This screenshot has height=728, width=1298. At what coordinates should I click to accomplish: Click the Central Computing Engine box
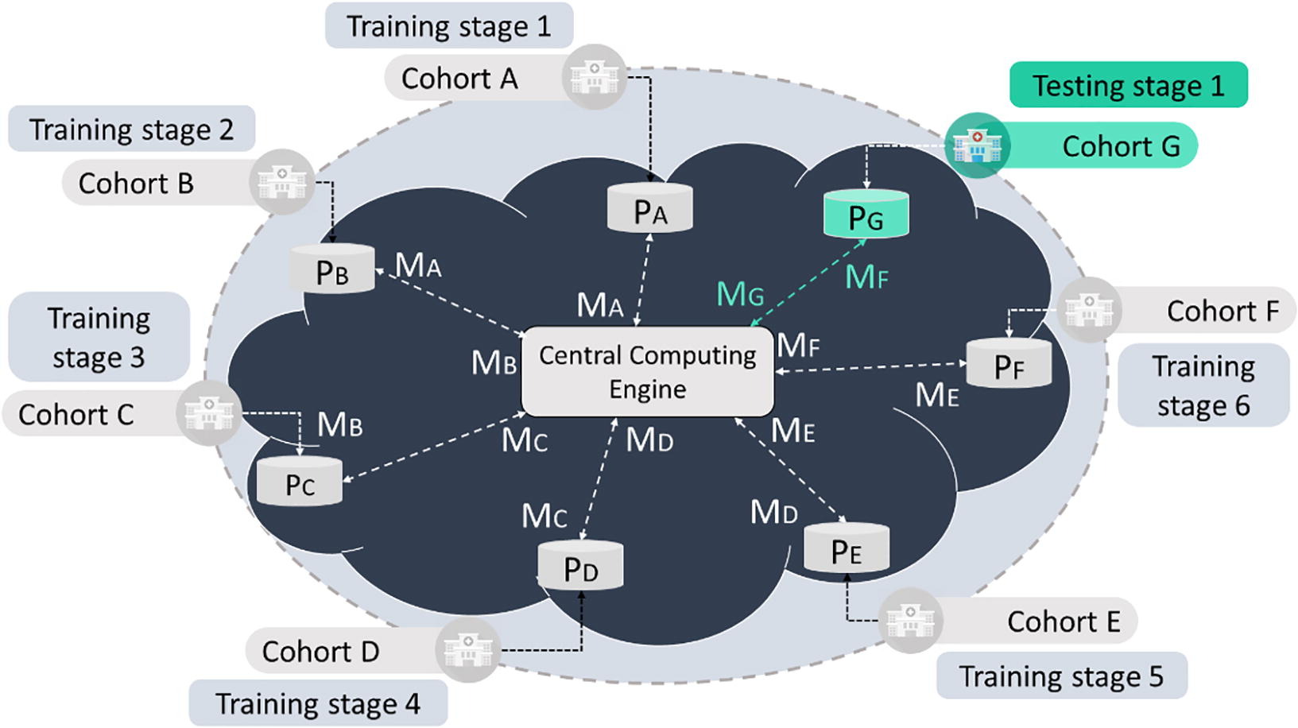click(647, 372)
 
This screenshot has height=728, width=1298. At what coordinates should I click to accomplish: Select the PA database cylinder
click(649, 209)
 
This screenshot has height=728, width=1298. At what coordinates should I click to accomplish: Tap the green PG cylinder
click(866, 215)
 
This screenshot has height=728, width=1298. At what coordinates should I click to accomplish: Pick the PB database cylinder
click(331, 270)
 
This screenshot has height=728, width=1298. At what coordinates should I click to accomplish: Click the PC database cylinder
click(299, 482)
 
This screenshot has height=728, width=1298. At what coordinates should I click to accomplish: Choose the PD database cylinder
click(580, 567)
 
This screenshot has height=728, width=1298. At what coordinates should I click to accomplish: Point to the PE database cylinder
click(846, 549)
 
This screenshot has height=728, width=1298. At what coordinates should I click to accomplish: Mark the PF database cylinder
click(1009, 365)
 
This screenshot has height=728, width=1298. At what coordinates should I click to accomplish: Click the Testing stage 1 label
click(1128, 85)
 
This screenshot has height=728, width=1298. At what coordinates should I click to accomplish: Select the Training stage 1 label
click(448, 26)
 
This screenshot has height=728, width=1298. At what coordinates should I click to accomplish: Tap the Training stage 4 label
click(317, 703)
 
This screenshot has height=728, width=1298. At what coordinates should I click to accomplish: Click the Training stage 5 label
click(1061, 676)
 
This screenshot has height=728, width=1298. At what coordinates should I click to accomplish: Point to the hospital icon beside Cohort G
click(977, 145)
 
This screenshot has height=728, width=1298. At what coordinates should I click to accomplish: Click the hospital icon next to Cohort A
click(594, 77)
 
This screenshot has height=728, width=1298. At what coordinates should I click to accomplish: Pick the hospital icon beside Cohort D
click(468, 650)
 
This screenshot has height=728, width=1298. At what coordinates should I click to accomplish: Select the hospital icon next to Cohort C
click(209, 413)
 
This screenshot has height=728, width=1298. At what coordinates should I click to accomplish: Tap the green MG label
click(740, 295)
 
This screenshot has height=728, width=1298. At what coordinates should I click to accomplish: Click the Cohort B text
click(136, 184)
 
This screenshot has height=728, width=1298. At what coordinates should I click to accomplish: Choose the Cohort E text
click(1064, 622)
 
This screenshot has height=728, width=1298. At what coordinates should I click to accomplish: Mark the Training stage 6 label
click(1203, 385)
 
